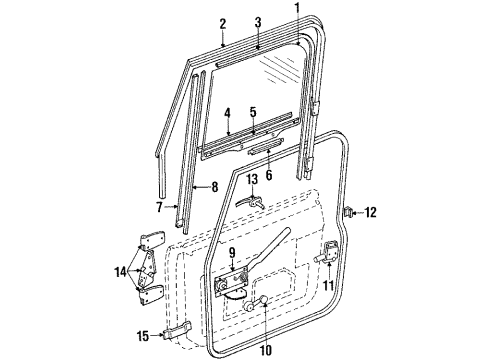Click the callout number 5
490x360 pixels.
[253, 112]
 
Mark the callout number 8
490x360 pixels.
[214, 186]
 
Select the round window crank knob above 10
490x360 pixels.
[262, 302]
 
